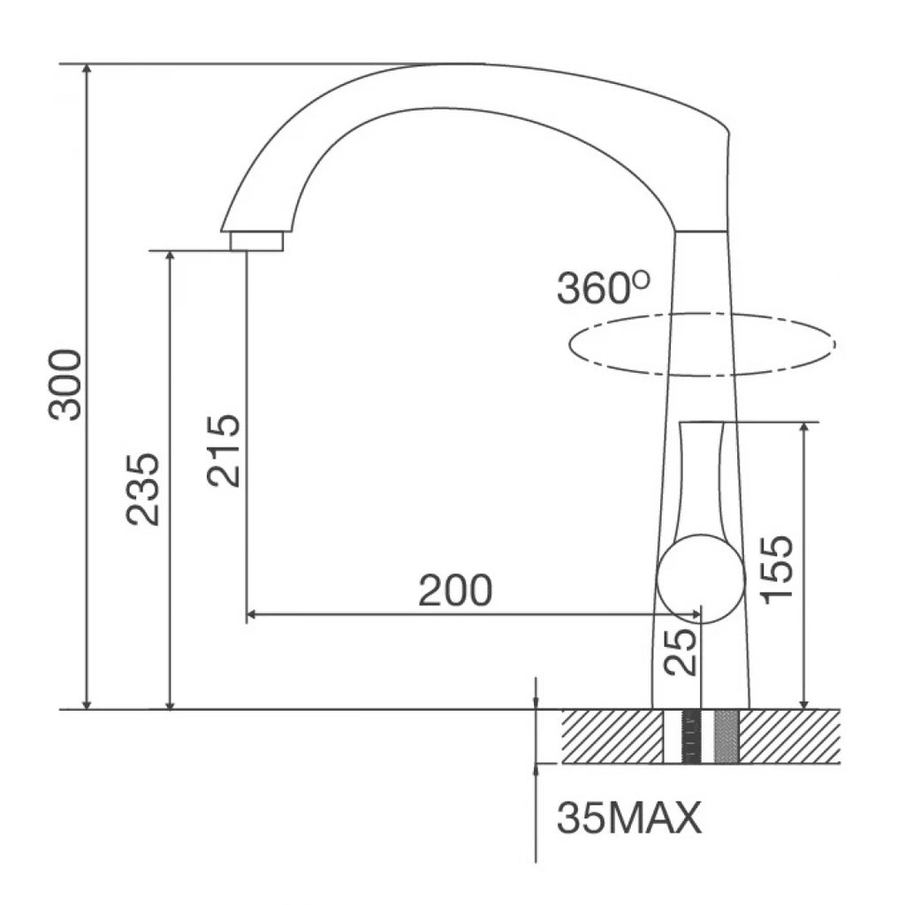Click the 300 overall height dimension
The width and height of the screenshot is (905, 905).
click(65, 384)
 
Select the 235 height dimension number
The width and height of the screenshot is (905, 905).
click(142, 490)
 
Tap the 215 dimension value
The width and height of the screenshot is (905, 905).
click(224, 451)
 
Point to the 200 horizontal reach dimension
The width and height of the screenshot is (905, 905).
click(455, 589)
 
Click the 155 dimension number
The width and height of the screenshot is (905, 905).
click(778, 569)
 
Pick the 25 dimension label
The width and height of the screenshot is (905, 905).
click(681, 651)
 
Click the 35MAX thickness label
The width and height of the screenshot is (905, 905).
click(629, 818)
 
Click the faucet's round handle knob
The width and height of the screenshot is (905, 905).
click(701, 579)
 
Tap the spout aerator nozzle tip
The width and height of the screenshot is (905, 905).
click(257, 241)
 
